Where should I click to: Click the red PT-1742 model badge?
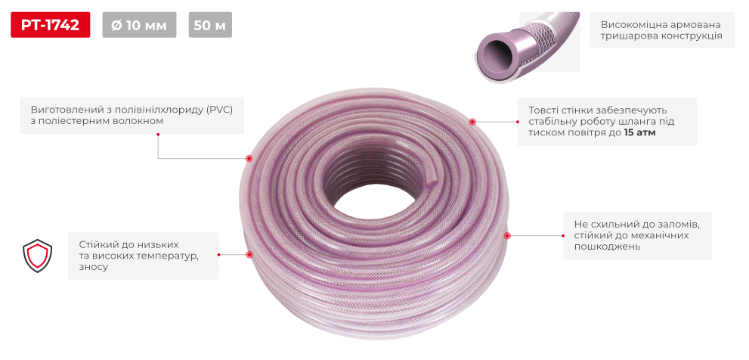[x=50, y=25]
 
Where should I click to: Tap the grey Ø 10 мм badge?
[x=140, y=25]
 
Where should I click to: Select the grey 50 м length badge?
[x=210, y=25]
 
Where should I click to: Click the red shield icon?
[x=37, y=256]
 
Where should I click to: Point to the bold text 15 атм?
[x=639, y=133]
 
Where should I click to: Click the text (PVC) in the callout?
[x=218, y=110]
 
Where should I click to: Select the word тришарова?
[x=624, y=36]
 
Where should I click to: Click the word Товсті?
[x=543, y=110]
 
